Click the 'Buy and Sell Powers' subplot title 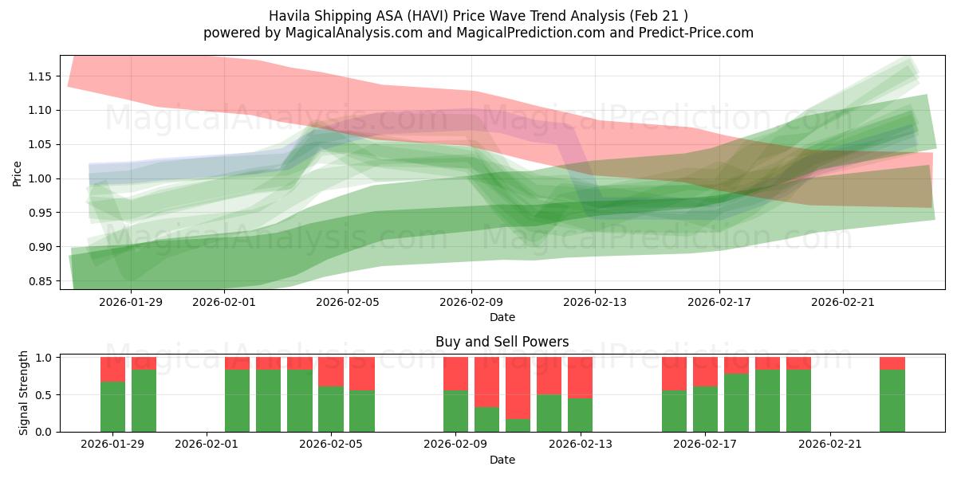coord(502,342)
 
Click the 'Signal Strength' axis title coord(24,393)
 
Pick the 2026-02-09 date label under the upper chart coord(471,302)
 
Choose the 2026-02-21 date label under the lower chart coord(830,445)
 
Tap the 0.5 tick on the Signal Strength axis coord(45,394)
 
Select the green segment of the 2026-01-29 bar coord(112,406)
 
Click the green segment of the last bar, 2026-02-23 coord(892,401)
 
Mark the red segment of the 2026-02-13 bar coord(580,377)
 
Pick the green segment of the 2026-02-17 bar coord(705,409)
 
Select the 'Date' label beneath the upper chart coord(502,317)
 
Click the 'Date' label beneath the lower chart coord(502,460)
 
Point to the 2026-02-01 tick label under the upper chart coord(224,302)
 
